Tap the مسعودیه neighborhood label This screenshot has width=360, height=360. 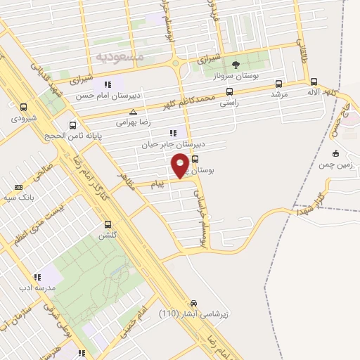(119, 55)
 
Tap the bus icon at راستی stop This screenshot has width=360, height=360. (229, 91)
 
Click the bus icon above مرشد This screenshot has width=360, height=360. (279, 82)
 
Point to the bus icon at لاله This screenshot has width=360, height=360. (314, 81)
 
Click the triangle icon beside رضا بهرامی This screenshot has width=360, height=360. (134, 112)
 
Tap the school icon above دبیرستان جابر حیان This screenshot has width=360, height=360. (173, 133)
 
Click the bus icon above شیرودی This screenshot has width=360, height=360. (25, 108)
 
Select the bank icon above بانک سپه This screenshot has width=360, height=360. (18, 188)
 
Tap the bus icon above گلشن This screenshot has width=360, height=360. (108, 225)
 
